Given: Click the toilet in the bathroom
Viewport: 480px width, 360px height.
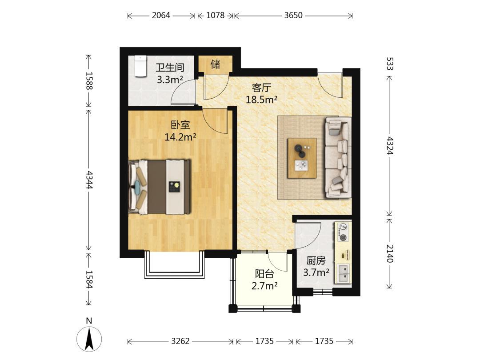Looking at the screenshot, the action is tap(140, 66).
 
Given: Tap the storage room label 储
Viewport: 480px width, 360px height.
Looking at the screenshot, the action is tap(215, 64).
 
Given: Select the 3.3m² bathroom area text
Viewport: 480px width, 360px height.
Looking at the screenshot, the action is tap(170, 80).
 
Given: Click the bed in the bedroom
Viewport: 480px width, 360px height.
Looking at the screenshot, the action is tap(160, 186).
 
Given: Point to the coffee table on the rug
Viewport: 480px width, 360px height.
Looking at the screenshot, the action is tap(302, 158).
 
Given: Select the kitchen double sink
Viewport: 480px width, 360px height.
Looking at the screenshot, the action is tap(344, 273).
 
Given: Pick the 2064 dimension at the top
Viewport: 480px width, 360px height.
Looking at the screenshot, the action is tap(161, 15).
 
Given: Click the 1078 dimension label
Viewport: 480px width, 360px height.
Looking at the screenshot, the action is tap(215, 15).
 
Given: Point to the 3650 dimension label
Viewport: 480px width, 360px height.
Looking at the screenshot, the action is tap(293, 15).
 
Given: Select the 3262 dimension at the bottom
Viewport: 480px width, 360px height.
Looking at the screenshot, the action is tap(180, 341).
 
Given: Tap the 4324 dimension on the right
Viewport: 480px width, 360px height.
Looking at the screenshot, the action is tap(389, 145).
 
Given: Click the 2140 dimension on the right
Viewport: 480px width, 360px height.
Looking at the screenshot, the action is tap(389, 253).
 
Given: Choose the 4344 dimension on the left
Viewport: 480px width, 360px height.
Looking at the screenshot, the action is tap(89, 180).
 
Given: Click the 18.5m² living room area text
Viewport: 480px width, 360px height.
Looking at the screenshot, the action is tap(262, 100).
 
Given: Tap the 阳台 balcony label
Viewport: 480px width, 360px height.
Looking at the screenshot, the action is tap(264, 274).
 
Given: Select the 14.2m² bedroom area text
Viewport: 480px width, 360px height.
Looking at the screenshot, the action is tap(180, 137).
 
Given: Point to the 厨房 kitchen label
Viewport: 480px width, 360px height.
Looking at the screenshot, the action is tap(316, 260).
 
